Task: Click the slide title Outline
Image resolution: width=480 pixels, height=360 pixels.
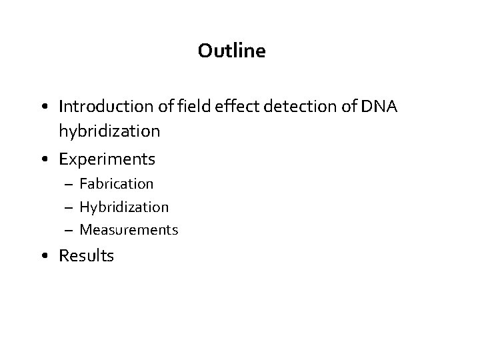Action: [231, 51]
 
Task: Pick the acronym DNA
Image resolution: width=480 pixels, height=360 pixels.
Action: [380, 106]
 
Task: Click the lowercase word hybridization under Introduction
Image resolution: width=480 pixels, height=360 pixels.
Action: [109, 131]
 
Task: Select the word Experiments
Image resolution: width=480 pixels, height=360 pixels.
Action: [107, 159]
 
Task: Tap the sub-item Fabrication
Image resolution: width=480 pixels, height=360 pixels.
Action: [117, 183]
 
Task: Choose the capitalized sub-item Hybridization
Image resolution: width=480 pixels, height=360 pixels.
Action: [124, 207]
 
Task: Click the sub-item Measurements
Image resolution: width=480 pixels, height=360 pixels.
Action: [129, 230]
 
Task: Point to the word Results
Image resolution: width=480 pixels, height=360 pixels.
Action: [87, 255]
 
